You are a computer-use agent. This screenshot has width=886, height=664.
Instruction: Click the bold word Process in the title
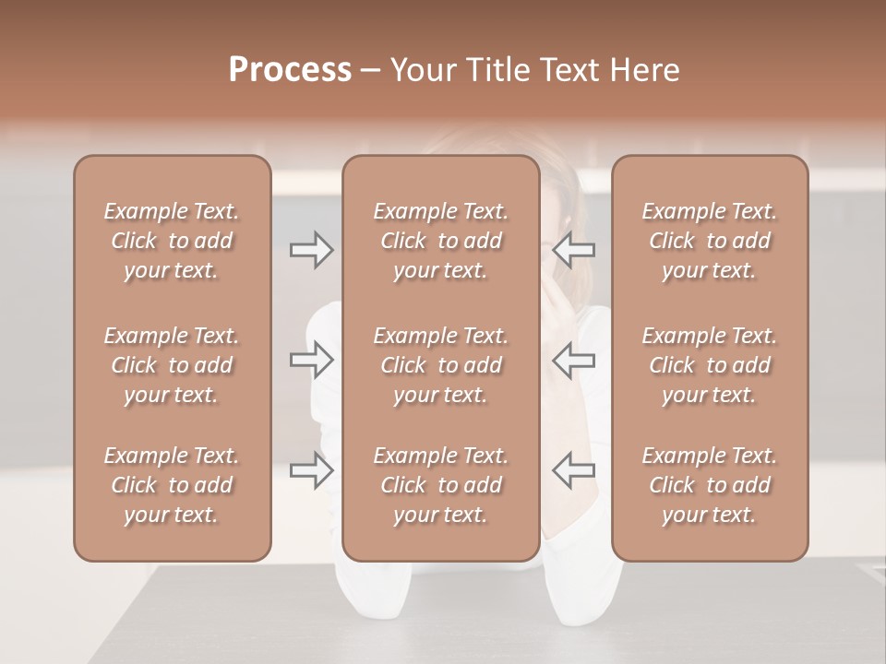point(290,70)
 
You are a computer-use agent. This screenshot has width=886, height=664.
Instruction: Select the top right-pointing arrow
point(311,250)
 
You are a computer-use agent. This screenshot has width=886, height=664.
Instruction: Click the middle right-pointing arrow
point(311,360)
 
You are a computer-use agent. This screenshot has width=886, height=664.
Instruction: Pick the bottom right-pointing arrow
point(311,470)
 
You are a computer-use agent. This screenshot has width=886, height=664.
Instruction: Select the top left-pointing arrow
point(574,250)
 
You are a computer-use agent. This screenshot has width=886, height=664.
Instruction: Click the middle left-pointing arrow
point(574,360)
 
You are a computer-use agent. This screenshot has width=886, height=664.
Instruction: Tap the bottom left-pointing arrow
point(574,470)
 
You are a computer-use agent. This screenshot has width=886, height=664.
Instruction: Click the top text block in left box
point(172,241)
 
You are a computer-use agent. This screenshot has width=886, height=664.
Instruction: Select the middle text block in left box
point(172,365)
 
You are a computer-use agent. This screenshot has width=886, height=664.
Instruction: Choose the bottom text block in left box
point(172,485)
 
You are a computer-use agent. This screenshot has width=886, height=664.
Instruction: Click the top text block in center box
point(440,241)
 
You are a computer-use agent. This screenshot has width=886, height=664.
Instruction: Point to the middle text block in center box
point(440,365)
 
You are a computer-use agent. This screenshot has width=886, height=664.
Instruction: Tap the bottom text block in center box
point(440,485)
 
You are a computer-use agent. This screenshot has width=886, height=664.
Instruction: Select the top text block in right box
point(709,241)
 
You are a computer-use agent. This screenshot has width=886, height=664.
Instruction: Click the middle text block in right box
point(709,365)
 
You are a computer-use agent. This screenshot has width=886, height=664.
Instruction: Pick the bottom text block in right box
point(709,485)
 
